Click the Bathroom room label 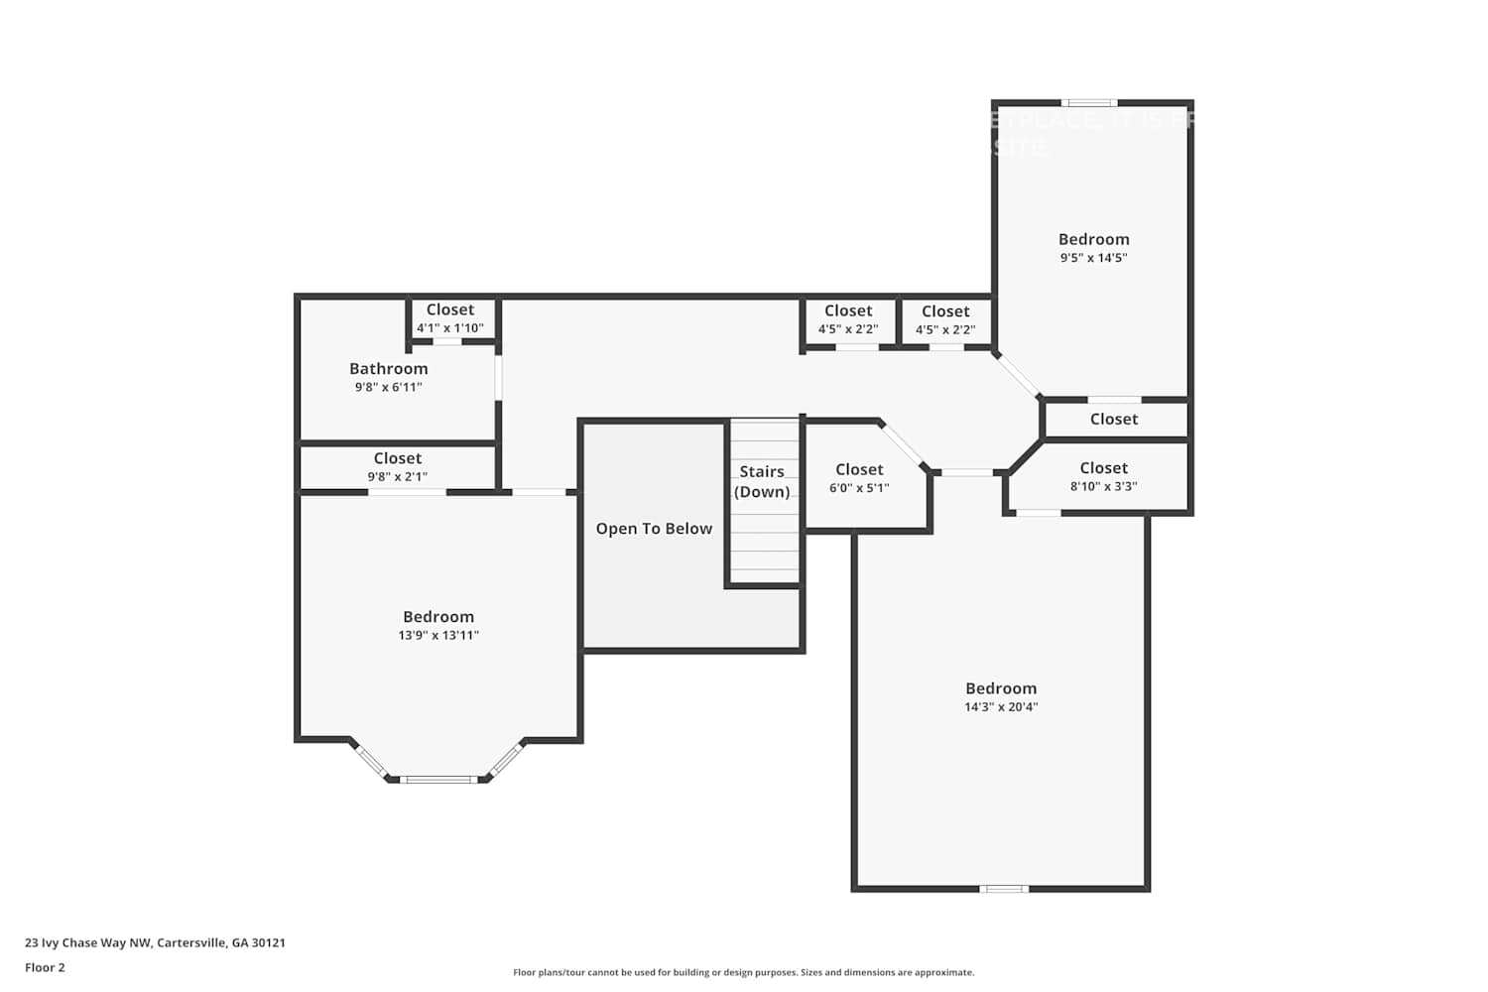coord(388,369)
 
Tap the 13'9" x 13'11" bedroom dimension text coord(438,636)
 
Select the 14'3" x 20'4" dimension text coord(1001,707)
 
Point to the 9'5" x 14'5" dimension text coord(1093,258)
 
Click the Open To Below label coord(654,529)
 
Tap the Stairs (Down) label coord(762,482)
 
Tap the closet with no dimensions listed coord(1114,420)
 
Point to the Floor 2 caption coord(45,968)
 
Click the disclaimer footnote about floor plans coord(743,973)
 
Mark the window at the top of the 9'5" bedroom coord(1089,102)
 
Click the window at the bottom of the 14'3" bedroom coord(1004,889)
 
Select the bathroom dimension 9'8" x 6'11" coord(388,388)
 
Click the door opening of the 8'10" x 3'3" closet coord(1039,513)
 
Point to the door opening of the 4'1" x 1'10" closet coord(447,342)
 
